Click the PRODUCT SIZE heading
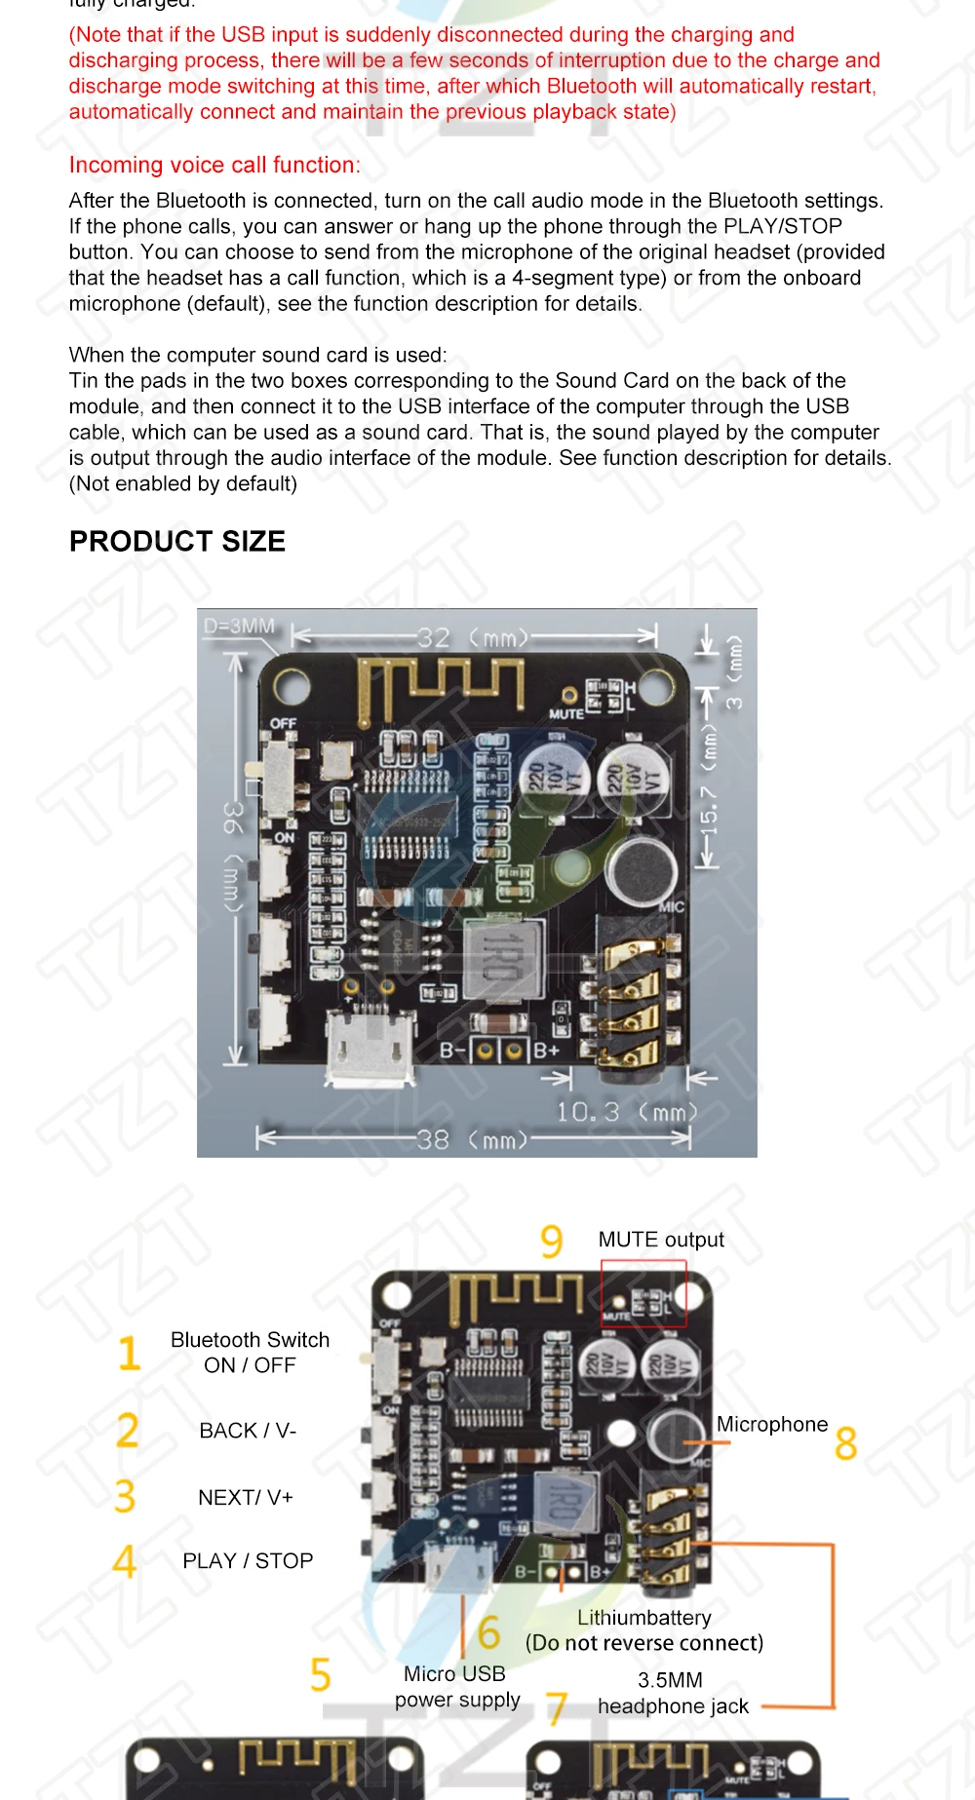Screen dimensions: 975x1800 [177, 542]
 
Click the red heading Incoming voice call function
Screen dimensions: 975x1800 [214, 165]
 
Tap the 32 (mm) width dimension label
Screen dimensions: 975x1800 [473, 637]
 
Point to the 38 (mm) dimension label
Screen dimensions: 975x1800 [473, 1138]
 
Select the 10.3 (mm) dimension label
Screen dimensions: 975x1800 [627, 1111]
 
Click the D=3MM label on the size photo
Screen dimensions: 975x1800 [239, 626]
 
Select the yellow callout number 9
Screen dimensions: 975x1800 [552, 1241]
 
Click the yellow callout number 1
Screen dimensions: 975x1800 [129, 1354]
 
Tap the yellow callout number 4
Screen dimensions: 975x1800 [125, 1561]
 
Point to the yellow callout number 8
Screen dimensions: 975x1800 [845, 1443]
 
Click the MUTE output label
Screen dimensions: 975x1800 [661, 1240]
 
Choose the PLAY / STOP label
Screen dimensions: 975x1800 [248, 1561]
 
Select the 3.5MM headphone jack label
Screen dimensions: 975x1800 [673, 1693]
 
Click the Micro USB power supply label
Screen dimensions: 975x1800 [456, 1687]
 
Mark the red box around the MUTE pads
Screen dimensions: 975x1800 [643, 1293]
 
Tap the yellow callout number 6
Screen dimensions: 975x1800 [488, 1631]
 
